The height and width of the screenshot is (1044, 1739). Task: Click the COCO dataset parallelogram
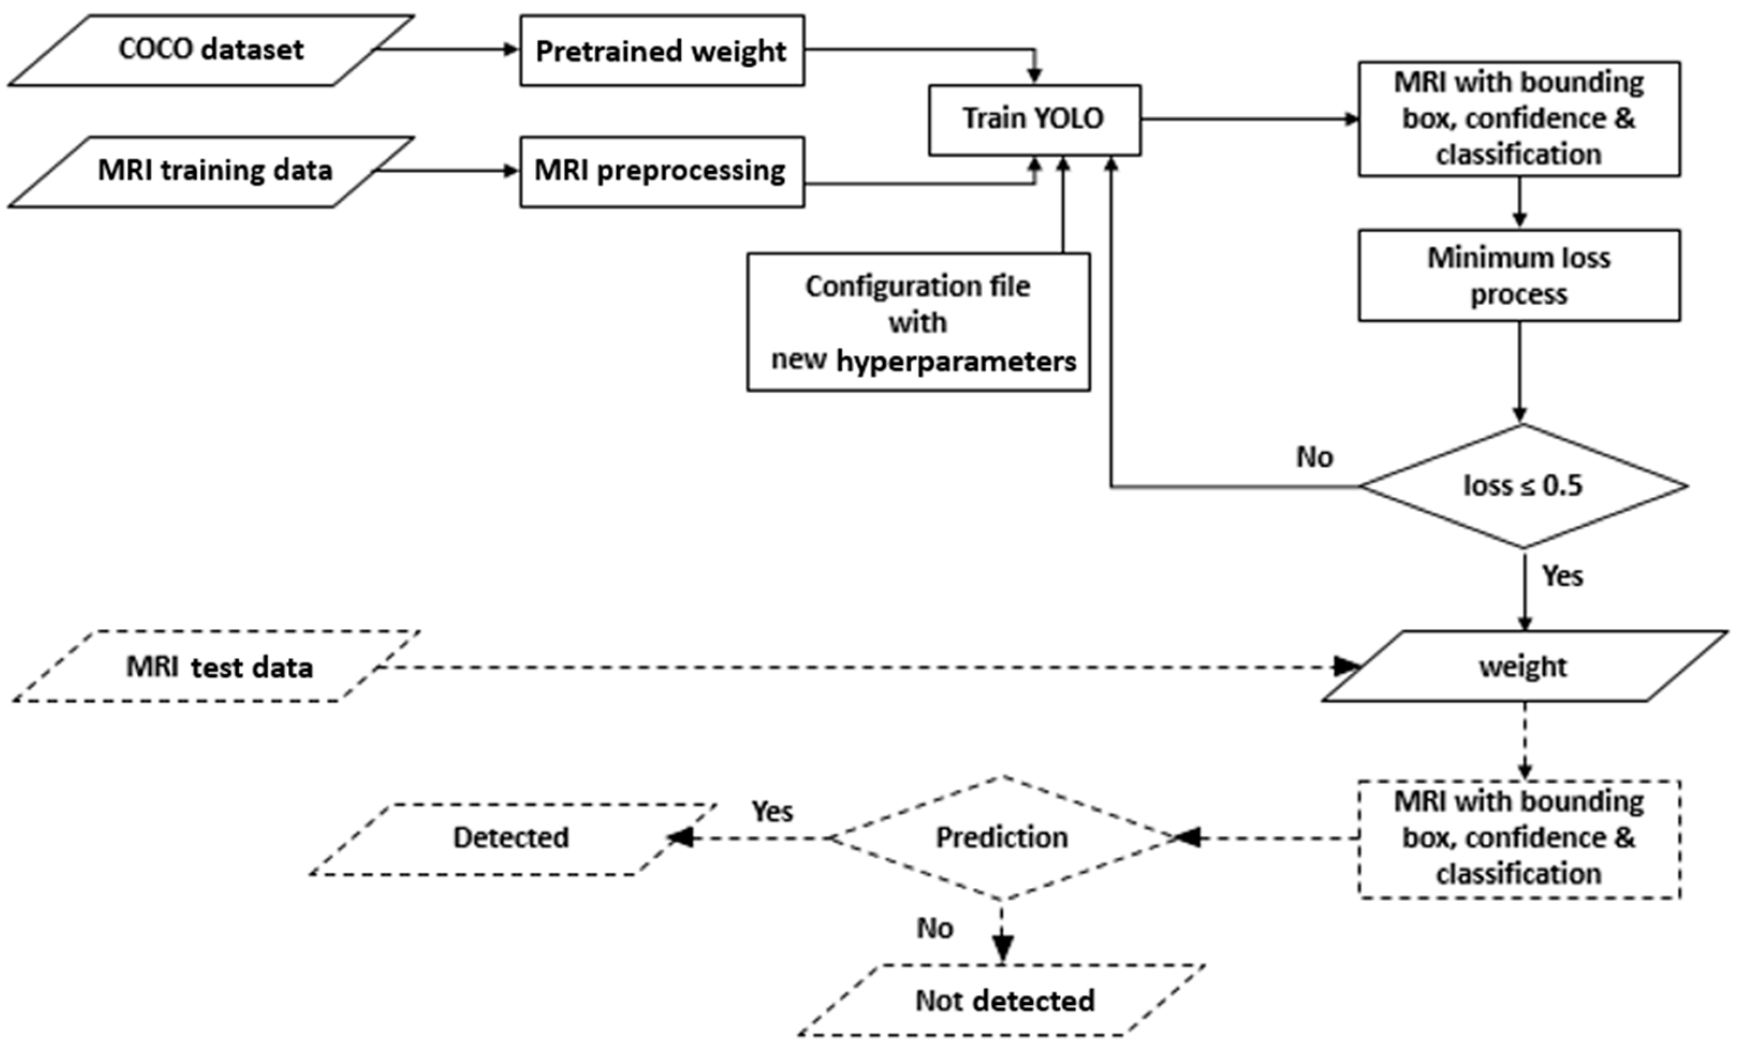pyautogui.click(x=211, y=50)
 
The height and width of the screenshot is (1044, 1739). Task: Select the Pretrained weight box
pyautogui.click(x=661, y=50)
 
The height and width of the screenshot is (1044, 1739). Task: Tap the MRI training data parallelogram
pyautogui.click(x=211, y=172)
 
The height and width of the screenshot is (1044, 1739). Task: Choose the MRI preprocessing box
pyautogui.click(x=661, y=172)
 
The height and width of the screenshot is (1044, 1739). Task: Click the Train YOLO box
pyautogui.click(x=1034, y=120)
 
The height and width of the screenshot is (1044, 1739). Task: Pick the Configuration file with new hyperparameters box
pyautogui.click(x=918, y=322)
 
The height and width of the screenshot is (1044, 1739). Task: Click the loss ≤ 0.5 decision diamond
pyautogui.click(x=1522, y=486)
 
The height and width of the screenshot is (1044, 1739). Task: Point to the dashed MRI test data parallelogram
pyautogui.click(x=218, y=666)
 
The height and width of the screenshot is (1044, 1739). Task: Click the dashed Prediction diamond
pyautogui.click(x=1002, y=837)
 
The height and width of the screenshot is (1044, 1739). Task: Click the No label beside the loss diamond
pyautogui.click(x=1314, y=457)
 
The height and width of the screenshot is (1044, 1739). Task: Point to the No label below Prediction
pyautogui.click(x=935, y=929)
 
